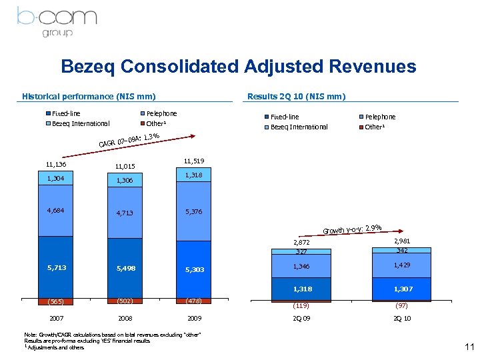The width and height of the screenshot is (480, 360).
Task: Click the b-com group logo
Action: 57,21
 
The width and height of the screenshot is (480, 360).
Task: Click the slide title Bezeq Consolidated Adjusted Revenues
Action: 238,67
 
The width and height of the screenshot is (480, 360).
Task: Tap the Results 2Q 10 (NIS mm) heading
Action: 296,96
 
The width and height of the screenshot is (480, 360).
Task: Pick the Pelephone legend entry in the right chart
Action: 380,117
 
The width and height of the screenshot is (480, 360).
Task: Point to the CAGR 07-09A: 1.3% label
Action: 129,140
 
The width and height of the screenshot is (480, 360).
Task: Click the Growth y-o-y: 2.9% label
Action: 352,230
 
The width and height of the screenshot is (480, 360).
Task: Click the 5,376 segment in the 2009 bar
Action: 193,211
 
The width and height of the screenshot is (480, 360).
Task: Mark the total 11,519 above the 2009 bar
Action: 193,161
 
